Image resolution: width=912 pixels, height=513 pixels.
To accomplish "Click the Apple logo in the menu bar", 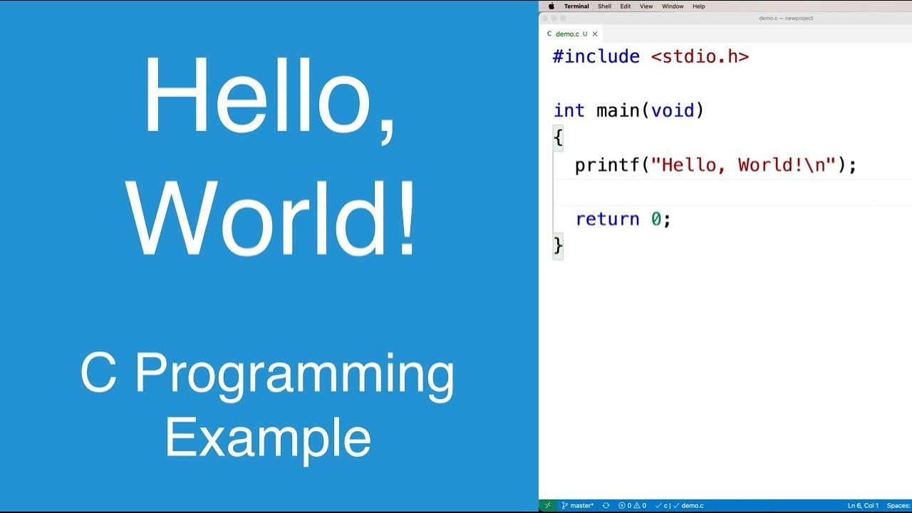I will click(551, 6).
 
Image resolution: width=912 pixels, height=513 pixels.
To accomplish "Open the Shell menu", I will click(604, 6).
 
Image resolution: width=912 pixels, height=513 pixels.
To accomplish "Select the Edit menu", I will click(625, 6).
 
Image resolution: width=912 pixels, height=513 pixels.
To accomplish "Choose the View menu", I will click(646, 6).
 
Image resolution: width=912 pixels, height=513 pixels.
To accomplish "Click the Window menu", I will click(673, 6).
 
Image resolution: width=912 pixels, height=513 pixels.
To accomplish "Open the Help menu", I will click(699, 6).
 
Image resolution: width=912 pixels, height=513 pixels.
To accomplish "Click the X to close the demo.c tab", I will click(595, 33).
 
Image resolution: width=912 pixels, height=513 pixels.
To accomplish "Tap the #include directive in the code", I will click(596, 57).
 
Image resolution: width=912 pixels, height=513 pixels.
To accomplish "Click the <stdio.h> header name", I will click(700, 57).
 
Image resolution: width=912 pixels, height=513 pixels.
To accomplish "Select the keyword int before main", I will click(569, 110).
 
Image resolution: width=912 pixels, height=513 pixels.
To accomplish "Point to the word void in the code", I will click(673, 110).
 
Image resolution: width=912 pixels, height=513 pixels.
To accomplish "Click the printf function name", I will click(607, 165).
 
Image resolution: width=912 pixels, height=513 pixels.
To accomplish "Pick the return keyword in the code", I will click(607, 219).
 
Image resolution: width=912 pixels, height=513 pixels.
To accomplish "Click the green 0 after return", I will click(656, 219).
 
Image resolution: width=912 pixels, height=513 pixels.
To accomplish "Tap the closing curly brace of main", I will click(558, 246).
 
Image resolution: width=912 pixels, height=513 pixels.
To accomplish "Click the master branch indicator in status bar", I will click(578, 506).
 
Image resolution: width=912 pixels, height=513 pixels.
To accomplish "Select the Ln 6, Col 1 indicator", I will click(863, 506).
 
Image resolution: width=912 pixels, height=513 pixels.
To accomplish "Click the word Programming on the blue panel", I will click(294, 374).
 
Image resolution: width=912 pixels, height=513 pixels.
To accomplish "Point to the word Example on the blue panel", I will click(268, 438).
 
